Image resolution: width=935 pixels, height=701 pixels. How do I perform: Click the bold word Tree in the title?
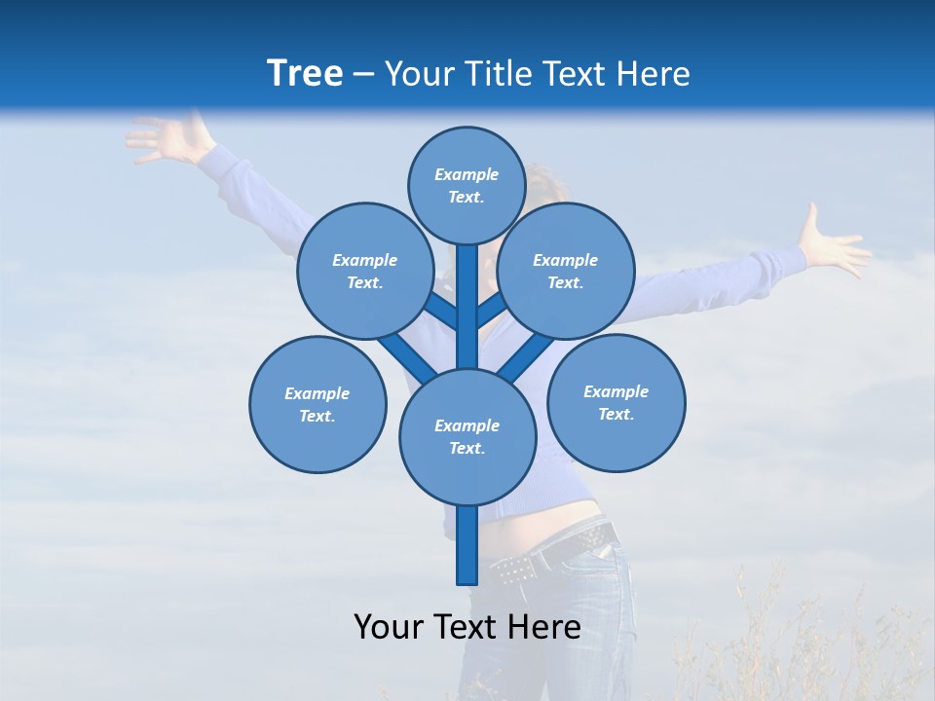tap(305, 73)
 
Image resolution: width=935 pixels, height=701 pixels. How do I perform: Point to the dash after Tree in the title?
tap(364, 75)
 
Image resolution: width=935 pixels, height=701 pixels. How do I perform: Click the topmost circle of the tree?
tap(467, 185)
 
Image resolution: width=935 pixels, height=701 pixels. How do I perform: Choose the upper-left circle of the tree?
tap(364, 271)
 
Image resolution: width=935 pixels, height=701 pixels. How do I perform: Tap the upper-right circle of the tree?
tap(566, 271)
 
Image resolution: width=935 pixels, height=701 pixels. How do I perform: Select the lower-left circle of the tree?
tap(318, 404)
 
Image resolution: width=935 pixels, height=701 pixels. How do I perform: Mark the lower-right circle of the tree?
tap(616, 402)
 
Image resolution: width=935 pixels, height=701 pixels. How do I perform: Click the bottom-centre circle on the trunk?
tap(467, 436)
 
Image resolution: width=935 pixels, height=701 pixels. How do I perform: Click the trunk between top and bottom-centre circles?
tap(467, 302)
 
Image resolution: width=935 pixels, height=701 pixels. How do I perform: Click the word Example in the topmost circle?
tap(467, 174)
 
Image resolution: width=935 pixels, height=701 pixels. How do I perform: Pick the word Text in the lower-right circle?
tap(615, 414)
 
